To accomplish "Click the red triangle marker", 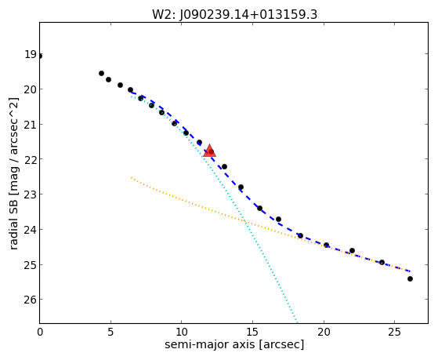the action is pos(209,151).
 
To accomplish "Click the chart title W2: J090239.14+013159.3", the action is pos(234,14).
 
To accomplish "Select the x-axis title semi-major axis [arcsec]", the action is pos(234,344).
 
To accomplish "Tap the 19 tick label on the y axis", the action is pos(31,54).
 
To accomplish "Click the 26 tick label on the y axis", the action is pos(31,300).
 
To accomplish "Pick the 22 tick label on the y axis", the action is pos(31,159).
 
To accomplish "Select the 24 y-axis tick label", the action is pos(31,229).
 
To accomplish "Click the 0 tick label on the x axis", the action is pos(40,332).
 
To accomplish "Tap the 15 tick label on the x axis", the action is pos(252,332).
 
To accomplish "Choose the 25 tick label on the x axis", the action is pos(394,332).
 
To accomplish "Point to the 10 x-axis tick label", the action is pos(182,332).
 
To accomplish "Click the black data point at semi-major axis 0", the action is pos(40,56).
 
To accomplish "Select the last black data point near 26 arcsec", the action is pos(410,279).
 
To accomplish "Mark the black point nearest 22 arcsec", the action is pos(353,251).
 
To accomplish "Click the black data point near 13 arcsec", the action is pos(224,167).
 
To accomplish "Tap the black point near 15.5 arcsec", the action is pos(260,209).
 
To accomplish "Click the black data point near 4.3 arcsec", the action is pos(101,73).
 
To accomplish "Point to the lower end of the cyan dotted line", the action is pos(297,322).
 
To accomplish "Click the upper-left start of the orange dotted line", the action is pos(132,177).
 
